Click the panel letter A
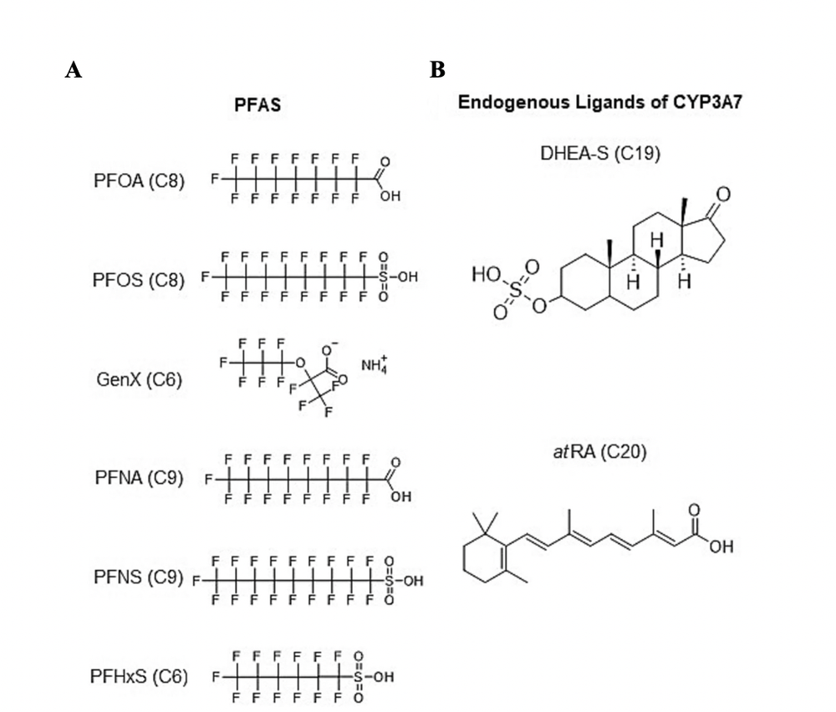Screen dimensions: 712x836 (x=74, y=71)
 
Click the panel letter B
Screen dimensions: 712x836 (x=437, y=71)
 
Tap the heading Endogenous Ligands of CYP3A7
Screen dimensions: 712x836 (x=599, y=104)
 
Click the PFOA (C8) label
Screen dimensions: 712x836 (x=139, y=181)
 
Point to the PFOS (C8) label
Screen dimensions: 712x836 (x=138, y=279)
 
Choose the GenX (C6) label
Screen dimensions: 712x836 (x=139, y=379)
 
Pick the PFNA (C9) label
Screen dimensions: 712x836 (x=138, y=479)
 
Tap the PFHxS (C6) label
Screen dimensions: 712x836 (x=138, y=675)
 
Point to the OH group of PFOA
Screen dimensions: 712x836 (x=390, y=197)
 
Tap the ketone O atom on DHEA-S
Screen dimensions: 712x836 (x=723, y=196)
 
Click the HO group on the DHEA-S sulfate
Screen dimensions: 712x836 (x=487, y=274)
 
